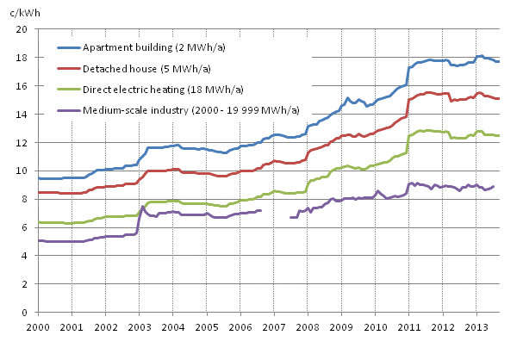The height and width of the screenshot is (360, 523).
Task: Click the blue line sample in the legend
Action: click(68, 47)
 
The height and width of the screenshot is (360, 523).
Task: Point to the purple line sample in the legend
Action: click(68, 109)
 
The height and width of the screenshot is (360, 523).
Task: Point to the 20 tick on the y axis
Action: click(27, 29)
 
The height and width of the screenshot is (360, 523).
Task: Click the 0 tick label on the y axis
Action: click(29, 313)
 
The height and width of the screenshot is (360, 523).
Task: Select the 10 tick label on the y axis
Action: click(27, 171)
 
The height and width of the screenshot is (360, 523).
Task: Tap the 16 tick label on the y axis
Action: click(27, 86)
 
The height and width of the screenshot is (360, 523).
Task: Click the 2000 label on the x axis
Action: click(38, 327)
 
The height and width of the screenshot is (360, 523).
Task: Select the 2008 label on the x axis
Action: click(308, 327)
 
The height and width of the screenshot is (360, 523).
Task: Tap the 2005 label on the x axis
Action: click(207, 327)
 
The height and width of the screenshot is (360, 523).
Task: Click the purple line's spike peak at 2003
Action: click(143, 207)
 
